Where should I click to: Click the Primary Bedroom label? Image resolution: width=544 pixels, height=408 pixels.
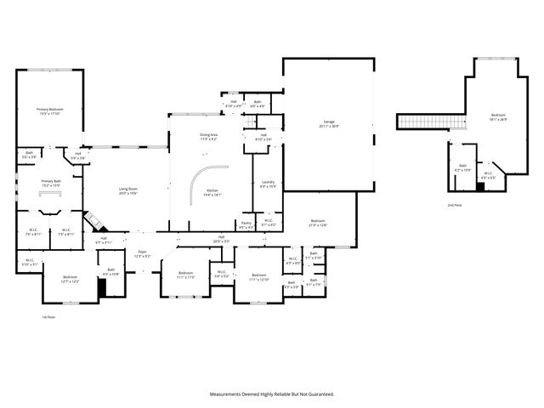(49, 111)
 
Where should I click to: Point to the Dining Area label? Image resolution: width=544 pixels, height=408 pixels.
(208, 136)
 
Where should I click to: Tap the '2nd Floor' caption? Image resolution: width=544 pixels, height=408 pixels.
(456, 206)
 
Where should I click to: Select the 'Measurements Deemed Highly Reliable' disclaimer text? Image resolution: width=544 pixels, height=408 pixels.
(272, 394)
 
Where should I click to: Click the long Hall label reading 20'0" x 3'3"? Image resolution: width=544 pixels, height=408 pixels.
(221, 239)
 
